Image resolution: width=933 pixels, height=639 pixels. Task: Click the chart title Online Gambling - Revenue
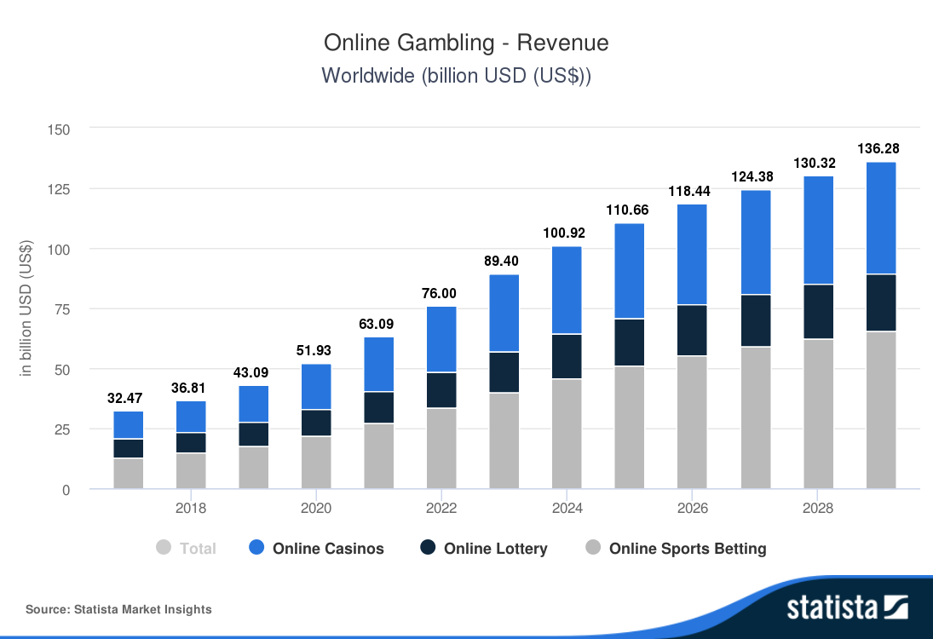[x=466, y=43]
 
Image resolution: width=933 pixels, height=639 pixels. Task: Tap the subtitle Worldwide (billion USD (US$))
[x=457, y=75]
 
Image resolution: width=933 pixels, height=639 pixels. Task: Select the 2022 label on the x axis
[x=441, y=509]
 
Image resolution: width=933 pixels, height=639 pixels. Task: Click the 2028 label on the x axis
[x=818, y=509]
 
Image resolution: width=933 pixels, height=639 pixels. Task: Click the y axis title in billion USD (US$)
[x=26, y=308]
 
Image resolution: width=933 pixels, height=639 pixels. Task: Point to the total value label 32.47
[x=128, y=398]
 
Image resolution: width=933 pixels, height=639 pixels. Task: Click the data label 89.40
[x=504, y=261]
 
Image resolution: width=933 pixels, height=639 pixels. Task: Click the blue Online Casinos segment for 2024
[x=567, y=290]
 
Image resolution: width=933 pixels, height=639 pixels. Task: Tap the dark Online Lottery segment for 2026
[x=693, y=330]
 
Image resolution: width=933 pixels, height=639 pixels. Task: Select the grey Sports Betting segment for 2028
[x=818, y=414]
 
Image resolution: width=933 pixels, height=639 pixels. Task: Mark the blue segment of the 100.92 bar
[x=567, y=290]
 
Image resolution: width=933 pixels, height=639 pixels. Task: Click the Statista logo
[x=847, y=607]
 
